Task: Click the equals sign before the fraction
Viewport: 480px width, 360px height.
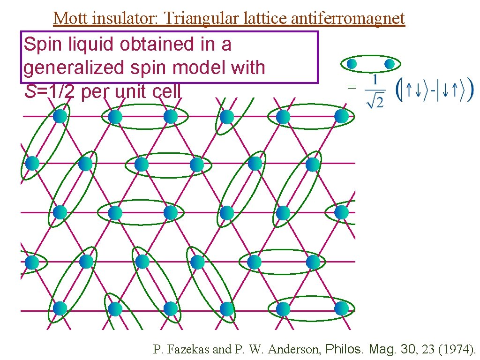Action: (351, 87)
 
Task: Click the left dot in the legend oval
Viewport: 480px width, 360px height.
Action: (352, 63)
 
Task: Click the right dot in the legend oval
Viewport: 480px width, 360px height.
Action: (389, 63)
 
